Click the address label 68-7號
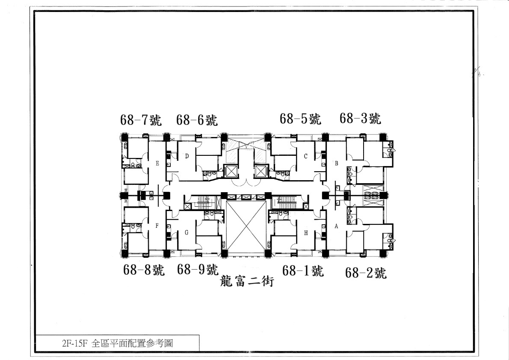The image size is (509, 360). tap(141, 120)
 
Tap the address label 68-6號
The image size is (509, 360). tap(197, 120)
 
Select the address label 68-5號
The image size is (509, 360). tap(300, 119)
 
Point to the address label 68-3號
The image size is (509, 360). tap(360, 118)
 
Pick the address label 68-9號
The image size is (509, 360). tap(198, 270)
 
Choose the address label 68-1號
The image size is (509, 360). tap(303, 271)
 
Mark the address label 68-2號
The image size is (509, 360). tap(366, 273)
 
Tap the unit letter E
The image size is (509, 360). tap(157, 163)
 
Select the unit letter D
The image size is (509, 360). tap(187, 156)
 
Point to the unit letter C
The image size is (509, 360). tap(305, 156)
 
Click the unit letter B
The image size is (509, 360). tap(337, 163)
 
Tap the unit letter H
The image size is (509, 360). tap(306, 233)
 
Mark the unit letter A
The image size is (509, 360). tap(336, 227)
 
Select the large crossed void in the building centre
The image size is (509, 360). tap(246, 227)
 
